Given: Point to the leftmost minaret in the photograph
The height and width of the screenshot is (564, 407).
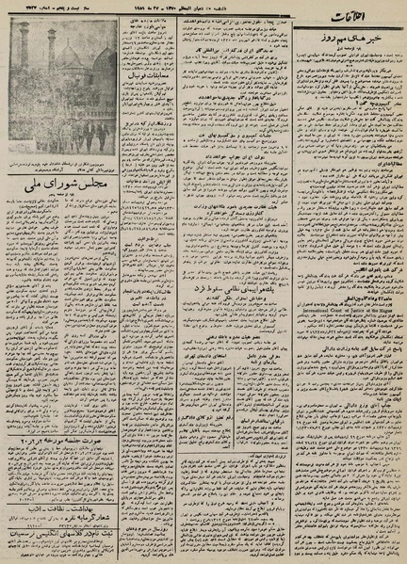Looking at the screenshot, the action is click(x=24, y=52).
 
